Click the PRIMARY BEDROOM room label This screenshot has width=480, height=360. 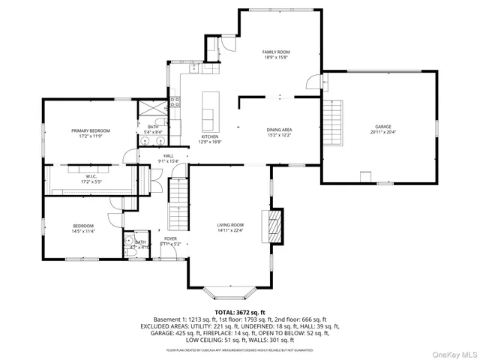[90, 130]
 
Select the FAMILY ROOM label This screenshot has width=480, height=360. [276, 52]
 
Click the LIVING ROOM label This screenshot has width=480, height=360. [230, 225]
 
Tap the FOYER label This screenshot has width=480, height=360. [172, 238]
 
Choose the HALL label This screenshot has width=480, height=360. [168, 156]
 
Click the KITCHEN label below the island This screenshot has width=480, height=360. [208, 137]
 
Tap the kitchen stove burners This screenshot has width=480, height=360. [175, 103]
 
